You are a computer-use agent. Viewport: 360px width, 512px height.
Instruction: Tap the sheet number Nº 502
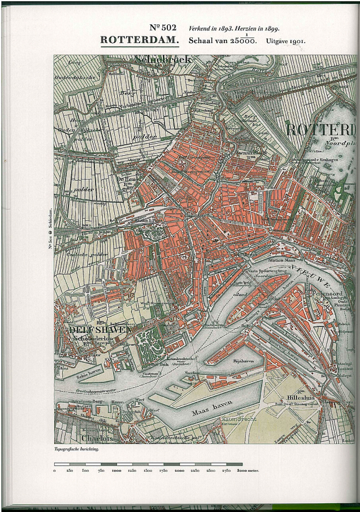163,28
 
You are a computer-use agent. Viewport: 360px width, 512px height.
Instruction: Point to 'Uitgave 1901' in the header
285,41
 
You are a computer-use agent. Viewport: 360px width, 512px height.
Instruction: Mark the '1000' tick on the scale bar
117,471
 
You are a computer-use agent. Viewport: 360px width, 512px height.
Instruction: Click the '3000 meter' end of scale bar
248,471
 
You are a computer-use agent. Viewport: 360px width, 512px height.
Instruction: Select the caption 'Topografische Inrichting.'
77,450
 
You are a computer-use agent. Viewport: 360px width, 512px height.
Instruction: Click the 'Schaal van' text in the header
207,41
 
